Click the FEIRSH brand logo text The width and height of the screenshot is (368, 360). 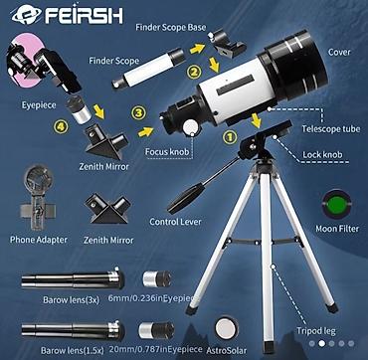pos(85,15)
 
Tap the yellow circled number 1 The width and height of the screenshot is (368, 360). pos(230,136)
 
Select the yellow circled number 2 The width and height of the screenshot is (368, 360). pos(194,72)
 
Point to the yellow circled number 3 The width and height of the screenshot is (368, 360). pos(139,112)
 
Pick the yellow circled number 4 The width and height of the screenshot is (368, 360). pos(61,126)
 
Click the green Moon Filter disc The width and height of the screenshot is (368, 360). pos(337,204)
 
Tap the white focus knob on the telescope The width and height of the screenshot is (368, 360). pos(191,127)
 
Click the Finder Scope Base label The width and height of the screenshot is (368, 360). pos(171,27)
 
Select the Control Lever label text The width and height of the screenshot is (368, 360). pos(175,222)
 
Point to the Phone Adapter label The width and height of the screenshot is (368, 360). pos(39,240)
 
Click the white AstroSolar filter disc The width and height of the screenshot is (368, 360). pos(227,329)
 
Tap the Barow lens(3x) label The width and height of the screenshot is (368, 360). pos(71,300)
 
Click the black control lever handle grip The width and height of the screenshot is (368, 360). pos(186,198)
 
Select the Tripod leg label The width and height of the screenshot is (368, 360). pos(316,331)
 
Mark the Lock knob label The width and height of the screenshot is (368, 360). pos(322,155)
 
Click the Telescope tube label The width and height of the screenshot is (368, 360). pos(330,129)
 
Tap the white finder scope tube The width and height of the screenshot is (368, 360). pos(148,71)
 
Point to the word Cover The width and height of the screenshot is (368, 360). pos(339,52)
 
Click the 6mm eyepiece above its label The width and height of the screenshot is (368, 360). pos(157,279)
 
